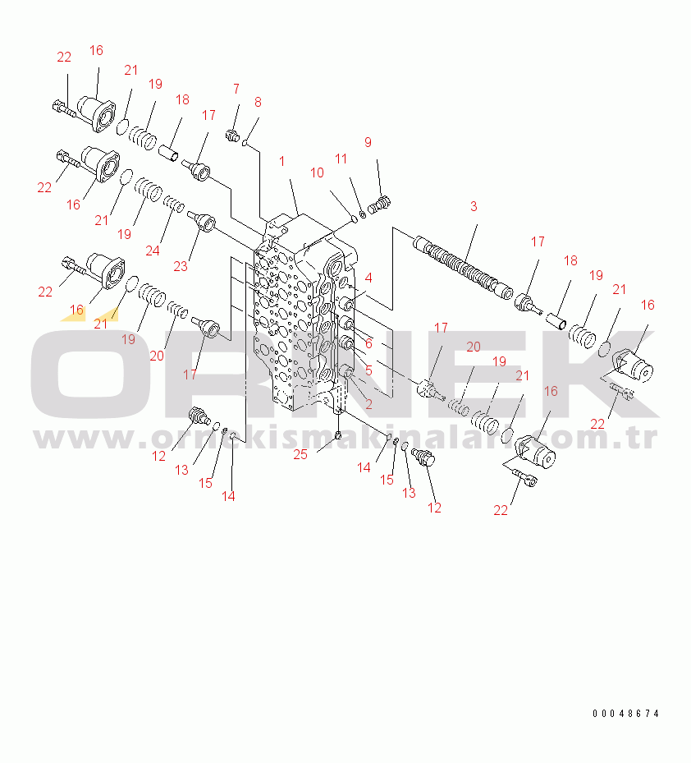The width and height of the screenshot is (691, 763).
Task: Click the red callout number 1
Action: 282,162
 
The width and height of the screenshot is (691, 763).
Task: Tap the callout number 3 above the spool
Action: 474,206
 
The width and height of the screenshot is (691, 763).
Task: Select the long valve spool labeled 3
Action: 463,269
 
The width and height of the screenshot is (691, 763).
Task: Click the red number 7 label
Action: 236,89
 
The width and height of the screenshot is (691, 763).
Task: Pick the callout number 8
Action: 258,102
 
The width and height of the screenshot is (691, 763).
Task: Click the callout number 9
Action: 368,142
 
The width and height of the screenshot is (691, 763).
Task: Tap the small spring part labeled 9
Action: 379,205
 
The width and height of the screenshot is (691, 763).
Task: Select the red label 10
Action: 317,172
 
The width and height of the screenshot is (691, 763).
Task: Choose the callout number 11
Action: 341,159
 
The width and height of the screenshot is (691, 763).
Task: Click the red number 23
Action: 181,266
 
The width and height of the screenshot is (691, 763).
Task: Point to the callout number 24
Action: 153,251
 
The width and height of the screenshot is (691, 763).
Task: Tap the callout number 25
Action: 300,454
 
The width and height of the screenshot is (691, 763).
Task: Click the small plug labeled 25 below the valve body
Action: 339,434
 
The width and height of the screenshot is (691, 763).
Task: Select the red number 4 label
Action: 368,278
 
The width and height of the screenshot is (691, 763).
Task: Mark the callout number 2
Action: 368,404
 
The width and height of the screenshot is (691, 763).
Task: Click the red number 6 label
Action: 368,344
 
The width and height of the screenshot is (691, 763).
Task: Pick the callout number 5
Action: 368,370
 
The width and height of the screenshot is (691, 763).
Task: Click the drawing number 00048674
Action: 625,714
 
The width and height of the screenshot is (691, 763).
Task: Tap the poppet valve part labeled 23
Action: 202,222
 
